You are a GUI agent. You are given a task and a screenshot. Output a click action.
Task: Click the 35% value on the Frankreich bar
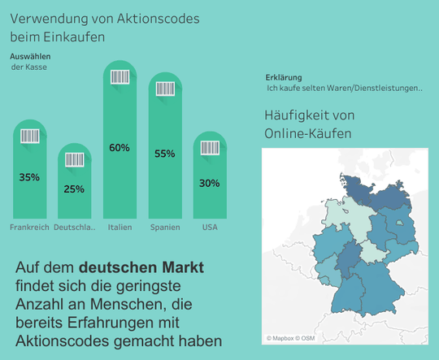pyautogui.click(x=29, y=177)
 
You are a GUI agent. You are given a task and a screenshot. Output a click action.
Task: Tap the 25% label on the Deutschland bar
pyautogui.click(x=74, y=189)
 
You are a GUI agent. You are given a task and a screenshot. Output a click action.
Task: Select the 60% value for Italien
pyautogui.click(x=120, y=148)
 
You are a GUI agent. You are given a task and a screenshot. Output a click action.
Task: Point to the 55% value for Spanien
pyautogui.click(x=164, y=154)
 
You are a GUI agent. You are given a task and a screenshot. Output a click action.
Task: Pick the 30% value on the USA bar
pyautogui.click(x=209, y=184)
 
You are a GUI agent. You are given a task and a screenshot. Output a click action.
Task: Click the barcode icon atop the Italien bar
pyautogui.click(x=120, y=78)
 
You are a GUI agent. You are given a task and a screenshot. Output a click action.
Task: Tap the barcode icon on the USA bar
pyautogui.click(x=209, y=149)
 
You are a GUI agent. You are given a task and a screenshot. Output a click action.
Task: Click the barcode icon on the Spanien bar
pyautogui.click(x=164, y=89)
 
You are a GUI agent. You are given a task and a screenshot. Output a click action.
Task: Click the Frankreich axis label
pyautogui.click(x=29, y=227)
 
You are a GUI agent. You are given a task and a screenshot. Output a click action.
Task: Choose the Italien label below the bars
pyautogui.click(x=120, y=227)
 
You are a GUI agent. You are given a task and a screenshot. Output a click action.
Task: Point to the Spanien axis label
pyautogui.click(x=165, y=227)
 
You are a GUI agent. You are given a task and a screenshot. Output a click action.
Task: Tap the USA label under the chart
pyautogui.click(x=209, y=227)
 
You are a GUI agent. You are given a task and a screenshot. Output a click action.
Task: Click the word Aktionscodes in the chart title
pyautogui.click(x=162, y=18)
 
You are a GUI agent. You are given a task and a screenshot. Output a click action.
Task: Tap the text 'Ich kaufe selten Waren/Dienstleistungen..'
pyautogui.click(x=345, y=87)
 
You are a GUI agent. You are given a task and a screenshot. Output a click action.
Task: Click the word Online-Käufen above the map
pyautogui.click(x=308, y=132)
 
